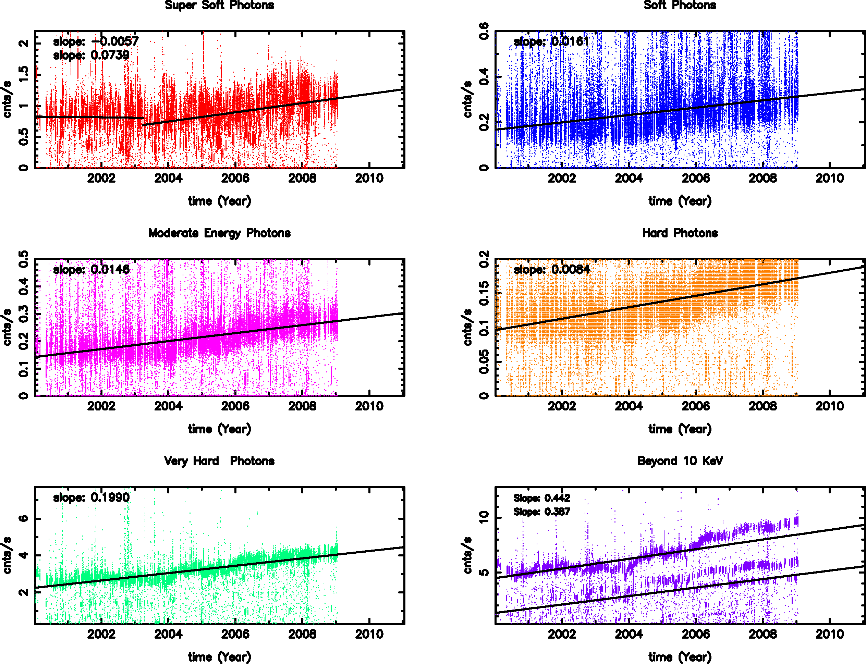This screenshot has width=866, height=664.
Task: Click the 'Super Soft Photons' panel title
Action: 219,5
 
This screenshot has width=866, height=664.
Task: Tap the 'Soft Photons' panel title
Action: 680,5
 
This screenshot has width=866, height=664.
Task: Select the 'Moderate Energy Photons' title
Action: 219,233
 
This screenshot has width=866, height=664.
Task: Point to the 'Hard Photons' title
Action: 680,233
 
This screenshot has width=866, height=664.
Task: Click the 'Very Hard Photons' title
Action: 219,461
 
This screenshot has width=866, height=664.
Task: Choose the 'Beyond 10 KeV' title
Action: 680,461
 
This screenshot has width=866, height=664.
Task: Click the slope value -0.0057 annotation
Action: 96,41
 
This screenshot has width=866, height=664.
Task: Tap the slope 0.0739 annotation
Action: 91,56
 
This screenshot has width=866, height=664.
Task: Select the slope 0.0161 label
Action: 551,41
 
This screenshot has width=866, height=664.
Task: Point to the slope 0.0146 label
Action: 91,270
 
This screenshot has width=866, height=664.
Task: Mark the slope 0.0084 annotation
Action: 551,270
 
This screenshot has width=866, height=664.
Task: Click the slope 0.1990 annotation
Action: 91,497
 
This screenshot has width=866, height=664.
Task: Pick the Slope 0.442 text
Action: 542,498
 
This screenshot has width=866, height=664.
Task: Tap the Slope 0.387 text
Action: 542,512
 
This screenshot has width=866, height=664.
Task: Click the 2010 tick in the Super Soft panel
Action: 369,178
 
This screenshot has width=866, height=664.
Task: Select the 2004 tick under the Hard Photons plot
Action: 629,406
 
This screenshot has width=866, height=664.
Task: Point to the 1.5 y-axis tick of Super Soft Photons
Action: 24,74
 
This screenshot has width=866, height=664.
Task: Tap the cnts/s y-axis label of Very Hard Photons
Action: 7,555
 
